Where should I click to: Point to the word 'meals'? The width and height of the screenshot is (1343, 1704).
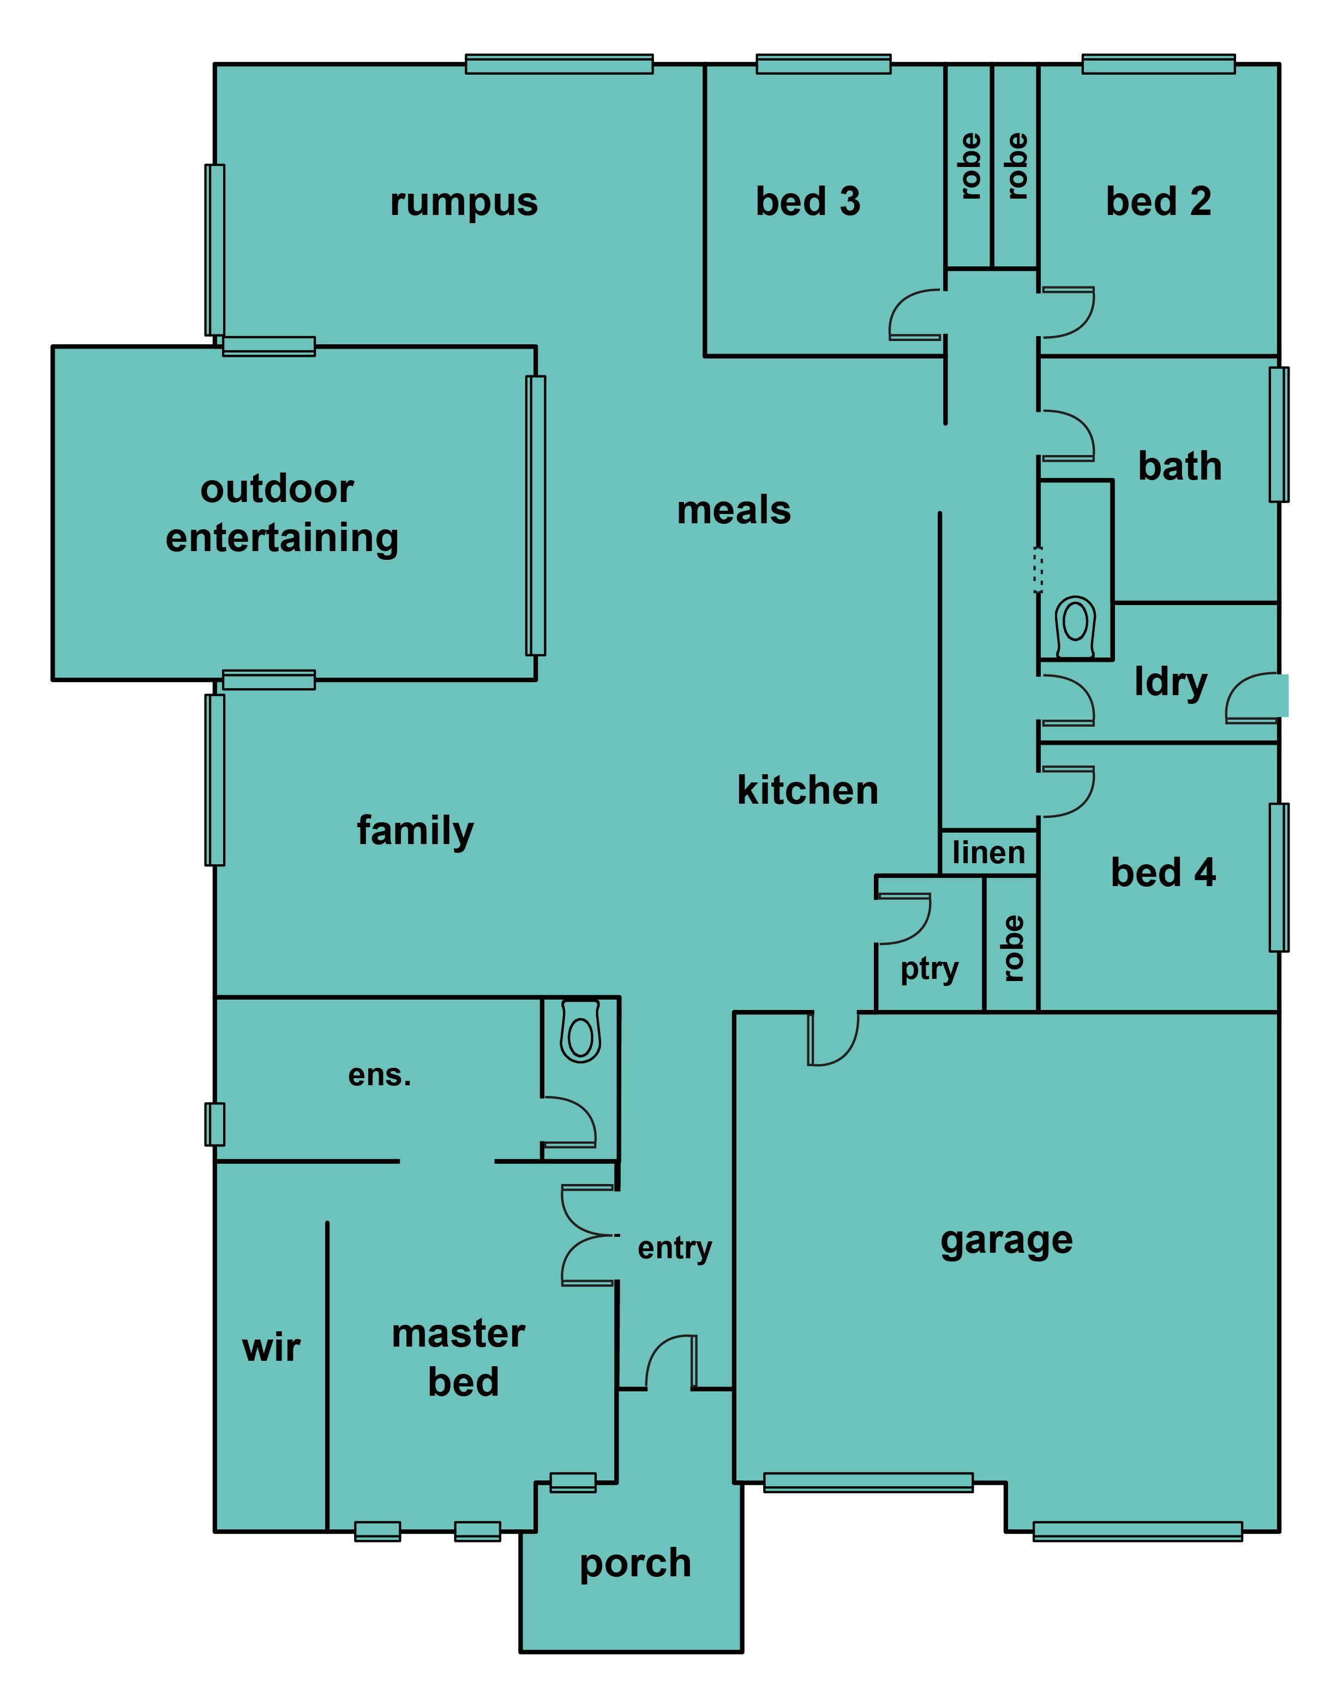734,510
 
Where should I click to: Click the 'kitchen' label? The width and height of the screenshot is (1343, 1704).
807,790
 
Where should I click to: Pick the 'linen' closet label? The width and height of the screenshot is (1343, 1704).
988,852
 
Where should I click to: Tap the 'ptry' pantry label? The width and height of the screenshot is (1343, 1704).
930,970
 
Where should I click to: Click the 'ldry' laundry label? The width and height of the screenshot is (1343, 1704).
1171,683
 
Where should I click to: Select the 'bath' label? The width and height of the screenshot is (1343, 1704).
1179,467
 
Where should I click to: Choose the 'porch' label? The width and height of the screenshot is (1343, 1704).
635,1564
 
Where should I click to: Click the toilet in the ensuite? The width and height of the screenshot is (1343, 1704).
580,1032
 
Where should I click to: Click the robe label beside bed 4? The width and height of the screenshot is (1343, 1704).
1013,948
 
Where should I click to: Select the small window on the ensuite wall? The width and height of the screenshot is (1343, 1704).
215,1125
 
